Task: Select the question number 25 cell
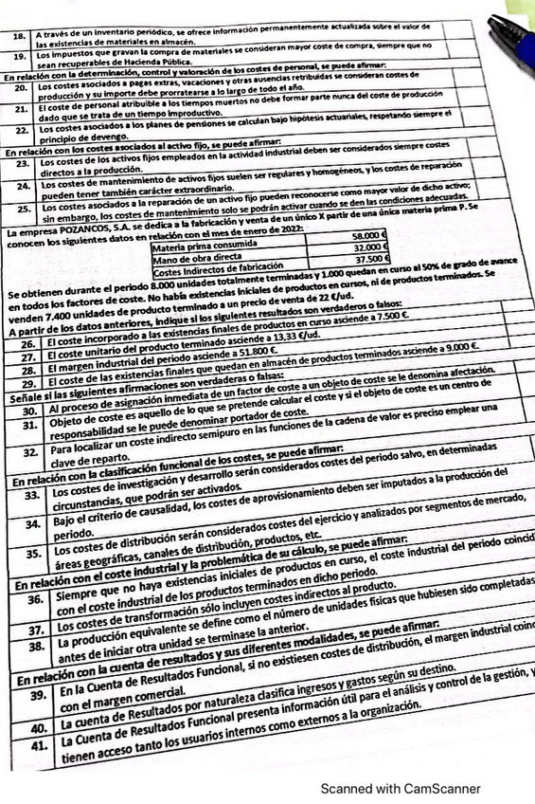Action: tap(24, 207)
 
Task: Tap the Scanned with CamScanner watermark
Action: tap(401, 788)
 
